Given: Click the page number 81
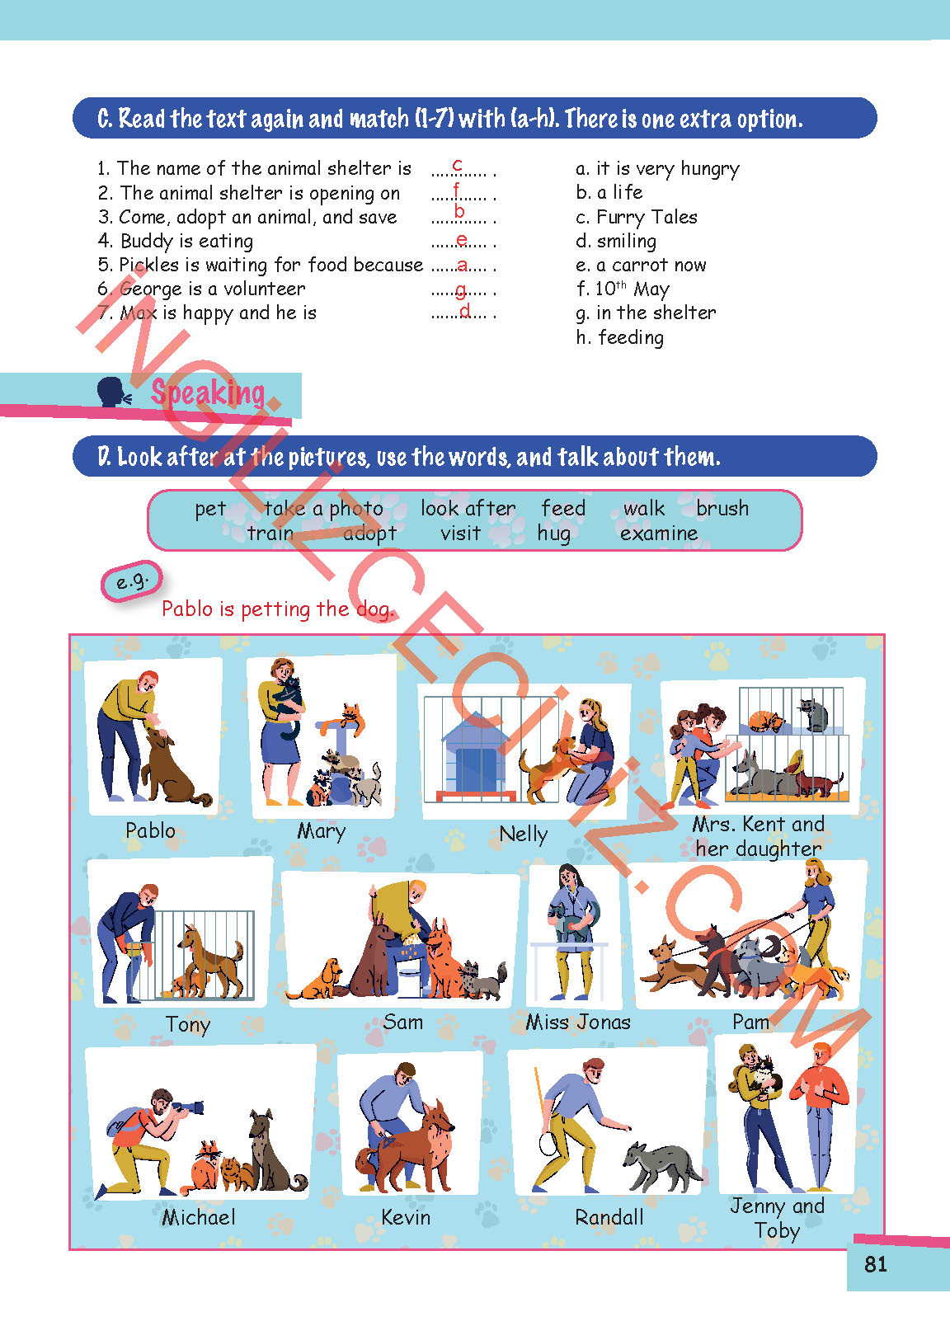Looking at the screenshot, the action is click(x=875, y=1264).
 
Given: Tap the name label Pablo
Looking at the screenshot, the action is click(x=150, y=830).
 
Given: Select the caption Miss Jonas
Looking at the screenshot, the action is click(x=578, y=1022).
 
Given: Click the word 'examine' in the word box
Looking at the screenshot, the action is click(x=659, y=533).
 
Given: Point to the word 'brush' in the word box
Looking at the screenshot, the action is click(x=722, y=508).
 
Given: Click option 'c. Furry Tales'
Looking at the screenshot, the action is click(x=637, y=217).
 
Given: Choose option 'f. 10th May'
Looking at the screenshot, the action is click(x=623, y=289).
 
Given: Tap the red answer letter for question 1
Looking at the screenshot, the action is click(x=458, y=164).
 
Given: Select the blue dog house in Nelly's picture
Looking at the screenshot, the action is click(x=475, y=754).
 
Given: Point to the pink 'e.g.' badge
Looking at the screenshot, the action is click(x=132, y=581).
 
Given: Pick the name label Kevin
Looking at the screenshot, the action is click(x=406, y=1217).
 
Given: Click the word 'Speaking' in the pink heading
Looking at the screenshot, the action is click(x=208, y=393).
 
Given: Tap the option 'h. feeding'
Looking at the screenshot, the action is click(x=620, y=338).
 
